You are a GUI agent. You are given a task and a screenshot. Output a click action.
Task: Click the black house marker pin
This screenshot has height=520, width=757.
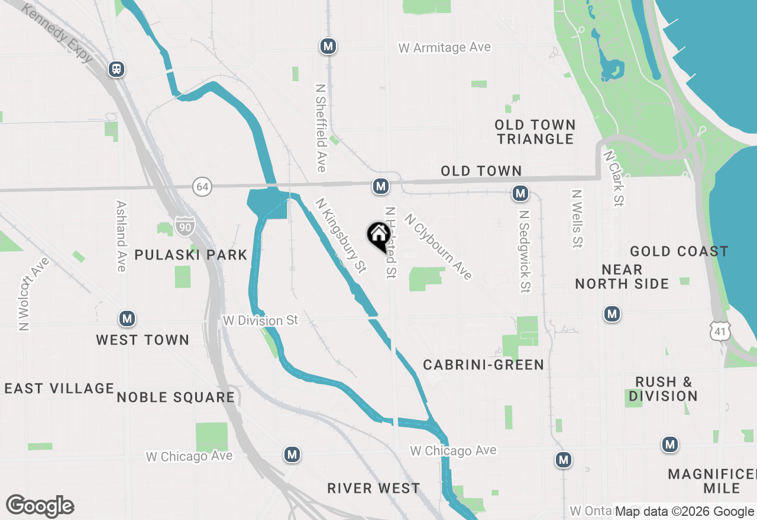pyautogui.click(x=378, y=236)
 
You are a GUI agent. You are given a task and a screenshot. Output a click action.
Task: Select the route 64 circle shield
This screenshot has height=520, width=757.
pyautogui.click(x=202, y=187)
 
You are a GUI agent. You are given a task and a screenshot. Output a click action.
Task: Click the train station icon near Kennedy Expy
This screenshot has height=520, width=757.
pyautogui.click(x=117, y=69)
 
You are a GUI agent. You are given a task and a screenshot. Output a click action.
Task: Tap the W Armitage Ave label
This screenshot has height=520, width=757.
pyautogui.click(x=445, y=47)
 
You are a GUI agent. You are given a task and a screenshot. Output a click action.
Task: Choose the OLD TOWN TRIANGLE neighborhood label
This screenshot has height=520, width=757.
pyautogui.click(x=535, y=132)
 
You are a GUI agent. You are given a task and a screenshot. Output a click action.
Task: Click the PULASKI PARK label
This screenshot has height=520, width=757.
pyautogui.click(x=190, y=255)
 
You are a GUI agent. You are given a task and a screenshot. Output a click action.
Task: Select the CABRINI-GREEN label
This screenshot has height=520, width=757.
pyautogui.click(x=483, y=365)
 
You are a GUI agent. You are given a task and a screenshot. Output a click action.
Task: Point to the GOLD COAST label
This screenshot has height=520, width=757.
pyautogui.click(x=679, y=252)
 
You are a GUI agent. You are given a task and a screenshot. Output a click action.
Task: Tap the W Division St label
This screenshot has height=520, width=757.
pyautogui.click(x=260, y=320)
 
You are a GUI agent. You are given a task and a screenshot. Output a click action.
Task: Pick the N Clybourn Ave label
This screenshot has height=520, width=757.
pyautogui.click(x=438, y=246)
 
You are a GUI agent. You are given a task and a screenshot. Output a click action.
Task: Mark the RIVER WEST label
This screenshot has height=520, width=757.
pyautogui.click(x=374, y=488)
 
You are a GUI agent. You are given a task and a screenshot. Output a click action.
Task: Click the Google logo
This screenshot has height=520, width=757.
pyautogui.click(x=40, y=506)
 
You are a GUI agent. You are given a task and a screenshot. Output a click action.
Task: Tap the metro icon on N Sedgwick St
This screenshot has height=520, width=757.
pyautogui.click(x=520, y=193)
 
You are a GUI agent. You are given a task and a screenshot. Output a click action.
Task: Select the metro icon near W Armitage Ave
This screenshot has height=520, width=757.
pyautogui.click(x=328, y=46)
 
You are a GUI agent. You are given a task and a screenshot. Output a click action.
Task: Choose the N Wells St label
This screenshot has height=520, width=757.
pyautogui.click(x=577, y=218)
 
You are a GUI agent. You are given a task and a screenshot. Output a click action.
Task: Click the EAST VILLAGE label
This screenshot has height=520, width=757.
pyautogui.click(x=59, y=388)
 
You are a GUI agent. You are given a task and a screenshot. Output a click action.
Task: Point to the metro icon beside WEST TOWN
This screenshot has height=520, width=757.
pyautogui.click(x=127, y=319)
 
